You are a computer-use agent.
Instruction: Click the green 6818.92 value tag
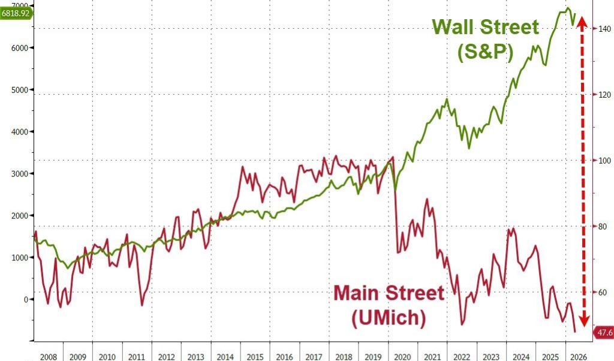tap(16, 13)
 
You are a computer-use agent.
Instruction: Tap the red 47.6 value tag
tap(602, 332)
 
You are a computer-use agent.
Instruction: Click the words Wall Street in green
tap(486, 28)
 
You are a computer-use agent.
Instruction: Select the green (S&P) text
tap(486, 53)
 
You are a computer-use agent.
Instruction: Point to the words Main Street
tap(389, 294)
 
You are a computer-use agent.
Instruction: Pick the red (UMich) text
tap(389, 318)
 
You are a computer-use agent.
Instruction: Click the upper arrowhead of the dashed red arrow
tap(581, 25)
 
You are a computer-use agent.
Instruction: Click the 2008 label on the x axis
tap(49, 356)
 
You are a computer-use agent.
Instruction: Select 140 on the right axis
tap(603, 29)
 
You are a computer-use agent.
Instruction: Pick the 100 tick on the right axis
tap(603, 161)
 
